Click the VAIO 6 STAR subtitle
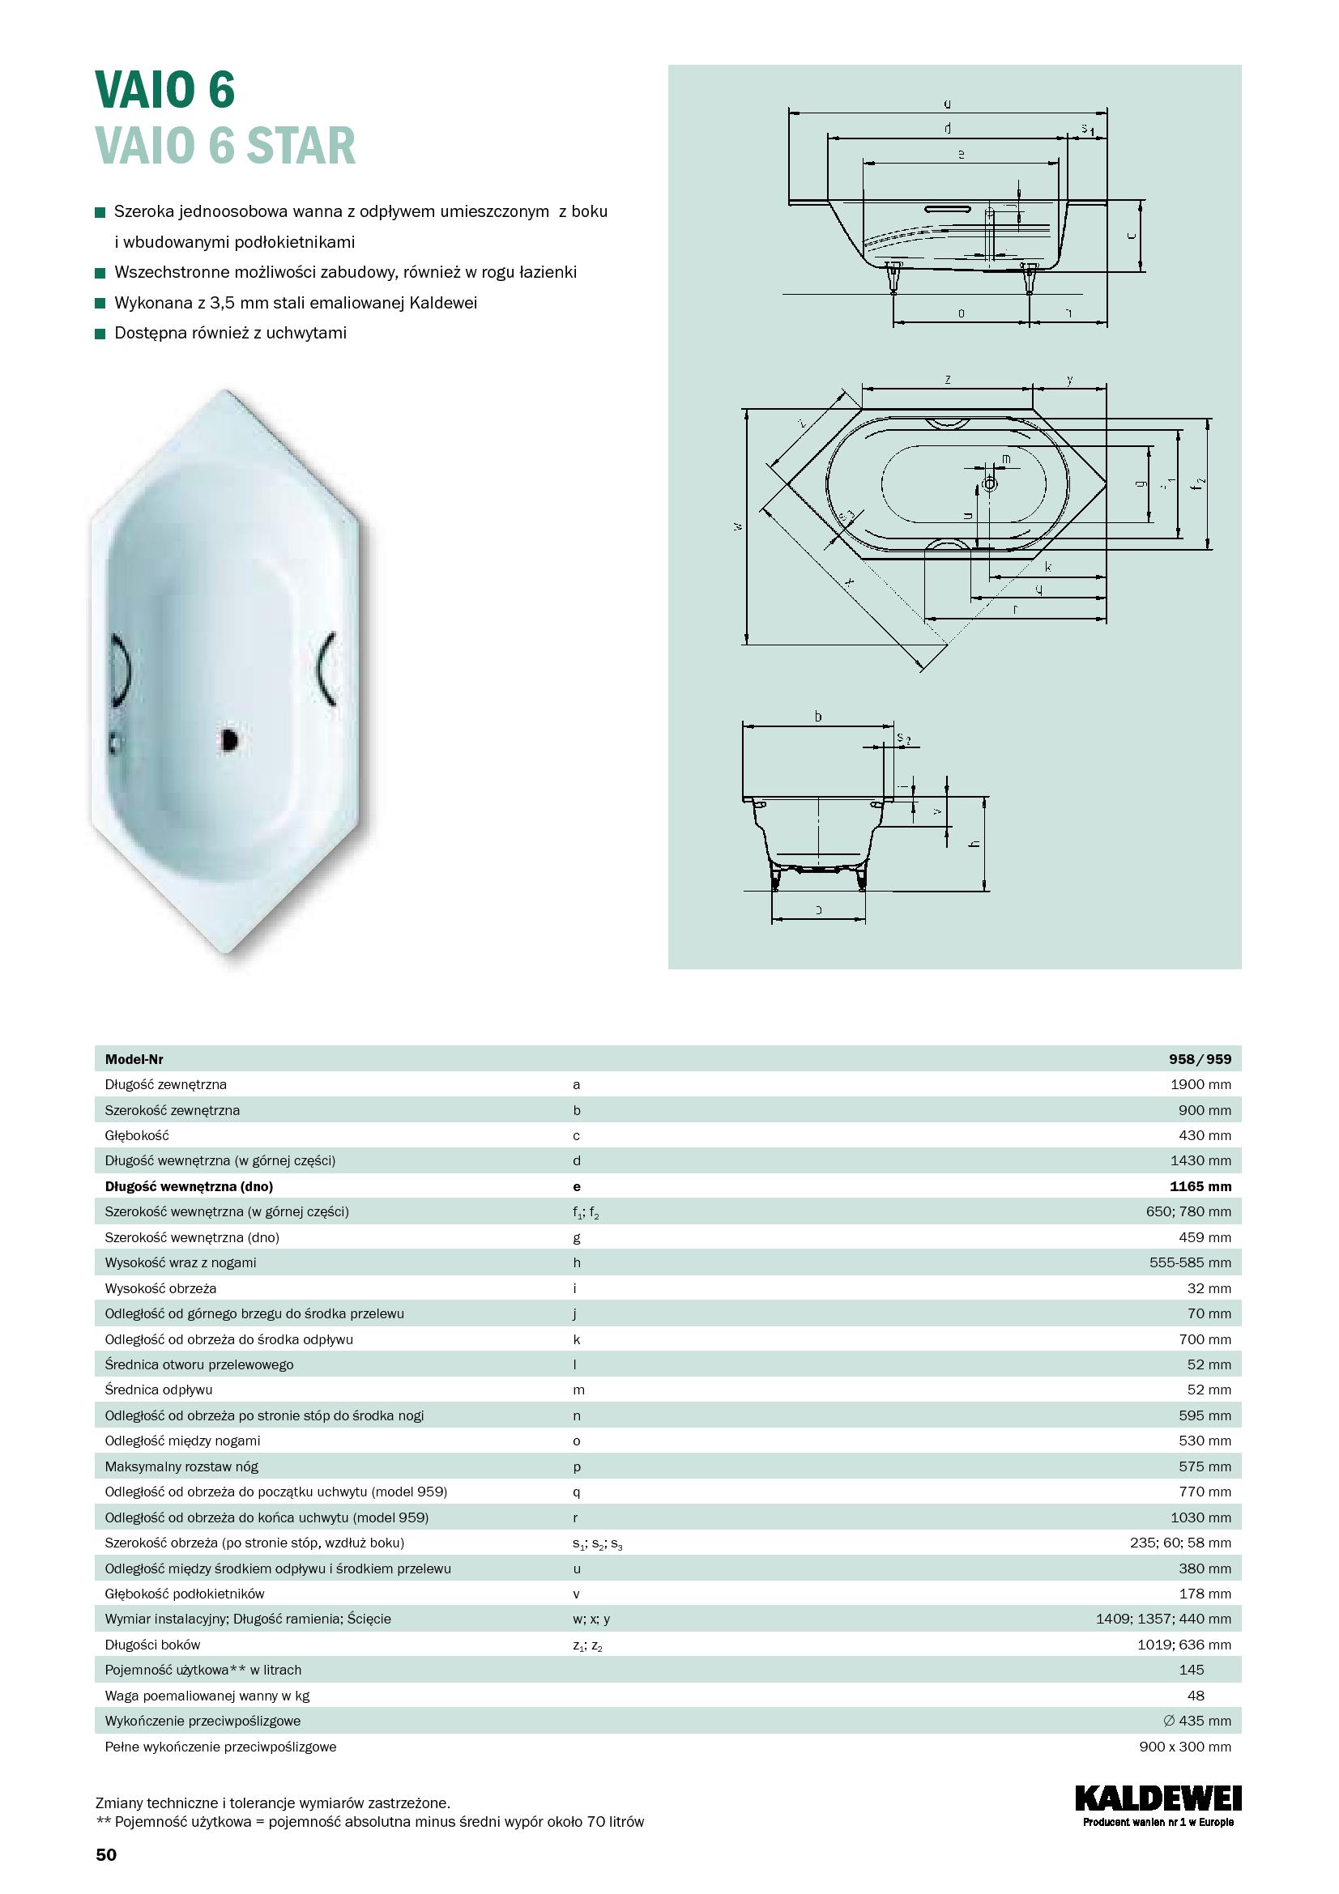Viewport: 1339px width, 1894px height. (x=225, y=146)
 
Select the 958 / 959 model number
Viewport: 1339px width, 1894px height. (x=1200, y=1059)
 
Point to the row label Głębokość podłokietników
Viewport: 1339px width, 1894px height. (x=184, y=1594)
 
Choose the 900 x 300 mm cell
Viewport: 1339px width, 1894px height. (x=1185, y=1747)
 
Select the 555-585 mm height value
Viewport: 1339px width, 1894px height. (x=1190, y=1263)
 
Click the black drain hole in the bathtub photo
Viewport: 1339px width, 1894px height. (x=229, y=739)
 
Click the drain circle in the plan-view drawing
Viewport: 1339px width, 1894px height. (x=989, y=483)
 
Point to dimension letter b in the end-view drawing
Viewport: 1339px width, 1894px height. (x=817, y=716)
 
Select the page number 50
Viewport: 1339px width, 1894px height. (x=106, y=1855)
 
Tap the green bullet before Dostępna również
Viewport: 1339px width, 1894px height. (x=100, y=334)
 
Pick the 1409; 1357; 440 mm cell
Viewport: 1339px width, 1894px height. (x=1163, y=1619)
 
